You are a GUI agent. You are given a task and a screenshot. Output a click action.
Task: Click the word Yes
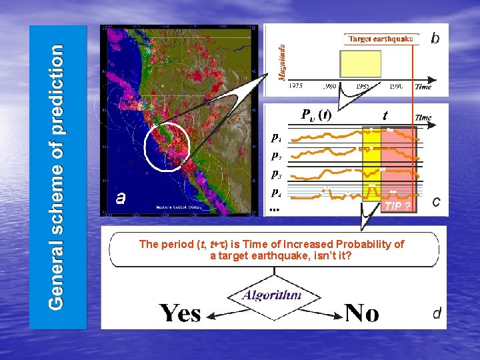[x=180, y=312]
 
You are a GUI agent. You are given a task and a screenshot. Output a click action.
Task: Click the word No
[x=362, y=312]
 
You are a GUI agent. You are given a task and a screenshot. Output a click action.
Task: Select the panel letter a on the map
[x=121, y=197]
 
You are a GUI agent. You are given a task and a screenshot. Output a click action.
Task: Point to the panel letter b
[x=435, y=38]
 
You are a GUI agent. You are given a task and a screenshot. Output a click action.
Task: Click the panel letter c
[x=436, y=201]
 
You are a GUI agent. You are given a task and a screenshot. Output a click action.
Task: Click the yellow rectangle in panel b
[x=361, y=64]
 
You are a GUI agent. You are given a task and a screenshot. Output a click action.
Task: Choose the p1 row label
[x=276, y=138]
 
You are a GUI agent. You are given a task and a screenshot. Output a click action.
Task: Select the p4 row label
[x=276, y=192]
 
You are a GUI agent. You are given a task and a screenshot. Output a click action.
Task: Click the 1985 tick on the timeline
[x=362, y=86]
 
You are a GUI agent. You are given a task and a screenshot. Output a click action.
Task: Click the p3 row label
[x=276, y=173]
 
